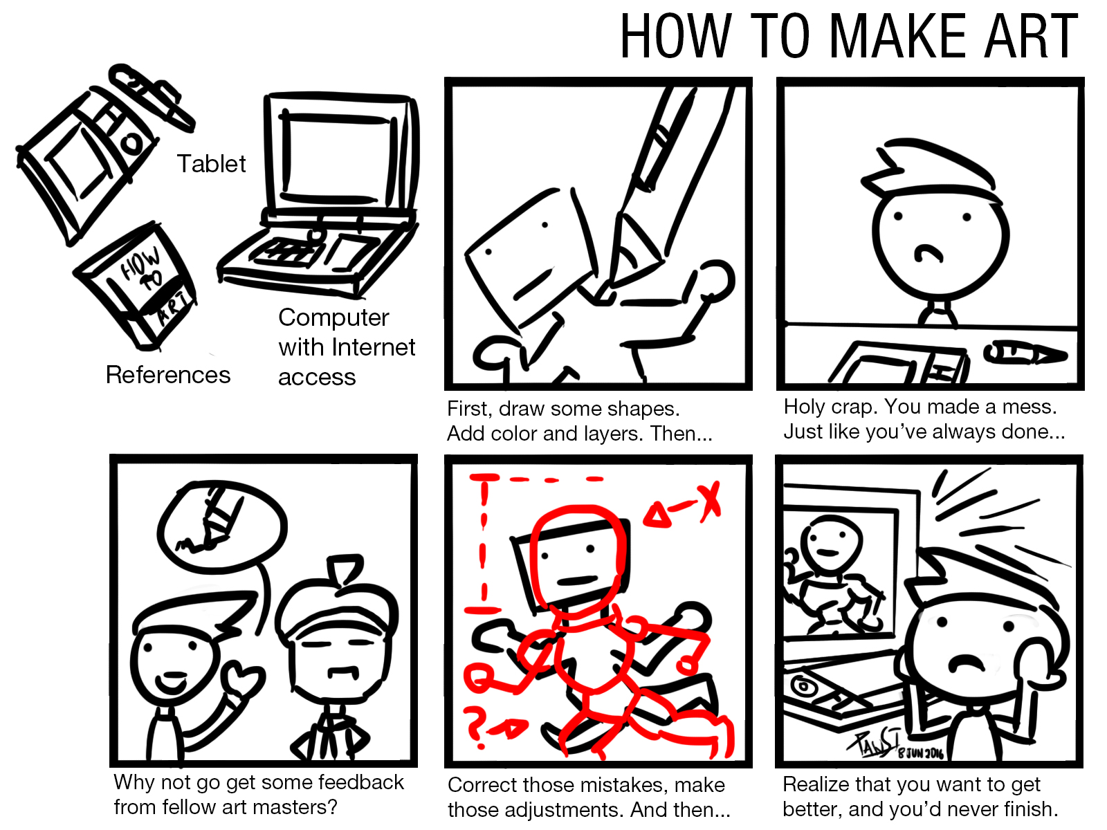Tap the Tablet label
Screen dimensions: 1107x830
coord(211,164)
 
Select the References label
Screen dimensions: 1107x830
coord(168,375)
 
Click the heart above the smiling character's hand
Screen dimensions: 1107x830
coord(246,679)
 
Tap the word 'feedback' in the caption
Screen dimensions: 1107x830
coord(361,782)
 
